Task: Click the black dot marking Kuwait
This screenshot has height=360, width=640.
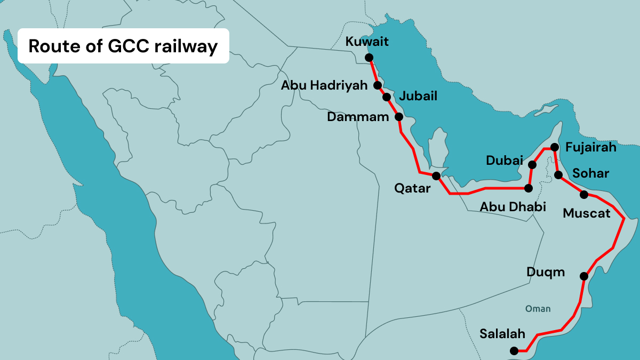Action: (369, 57)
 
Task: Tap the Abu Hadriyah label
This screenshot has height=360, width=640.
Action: (325, 85)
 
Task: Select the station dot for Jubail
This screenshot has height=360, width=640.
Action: (386, 97)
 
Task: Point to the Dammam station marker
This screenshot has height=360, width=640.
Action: (398, 116)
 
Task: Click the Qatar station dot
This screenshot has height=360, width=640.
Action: (436, 175)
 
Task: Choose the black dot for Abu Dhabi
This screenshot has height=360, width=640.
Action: (529, 188)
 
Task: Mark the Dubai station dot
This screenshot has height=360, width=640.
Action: (532, 164)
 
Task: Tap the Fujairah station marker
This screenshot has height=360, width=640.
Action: (554, 147)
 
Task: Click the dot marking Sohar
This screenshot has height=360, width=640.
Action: (558, 174)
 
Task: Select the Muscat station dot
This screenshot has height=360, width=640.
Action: (584, 194)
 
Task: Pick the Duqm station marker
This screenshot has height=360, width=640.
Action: (584, 276)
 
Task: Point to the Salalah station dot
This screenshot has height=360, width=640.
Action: (514, 351)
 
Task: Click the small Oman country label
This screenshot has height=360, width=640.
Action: (538, 309)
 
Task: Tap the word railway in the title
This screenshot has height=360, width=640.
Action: (186, 46)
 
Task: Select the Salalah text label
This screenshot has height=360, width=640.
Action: (502, 334)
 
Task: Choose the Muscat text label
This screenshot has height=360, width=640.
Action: (587, 213)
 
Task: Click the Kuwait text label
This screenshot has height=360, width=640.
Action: (367, 42)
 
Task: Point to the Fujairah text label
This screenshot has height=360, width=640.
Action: (591, 147)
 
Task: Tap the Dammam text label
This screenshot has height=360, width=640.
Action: (358, 117)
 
